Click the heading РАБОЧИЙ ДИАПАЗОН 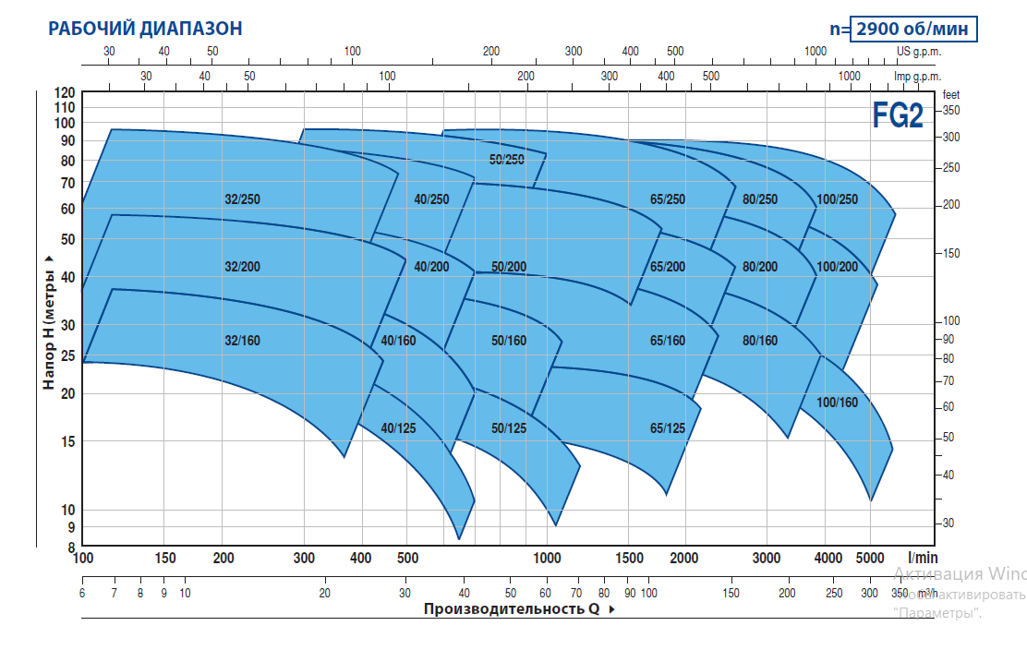point(145,29)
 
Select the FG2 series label point(898,117)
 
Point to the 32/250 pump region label point(242,199)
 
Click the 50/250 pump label point(506,160)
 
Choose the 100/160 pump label point(837,403)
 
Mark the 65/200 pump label point(668,267)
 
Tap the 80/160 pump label point(759,341)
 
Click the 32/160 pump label point(242,341)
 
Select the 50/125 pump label point(509,427)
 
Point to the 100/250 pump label point(837,199)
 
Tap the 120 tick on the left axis point(65,93)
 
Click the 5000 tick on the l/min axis point(870,558)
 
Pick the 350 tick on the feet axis point(950,110)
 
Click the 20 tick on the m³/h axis point(325,593)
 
